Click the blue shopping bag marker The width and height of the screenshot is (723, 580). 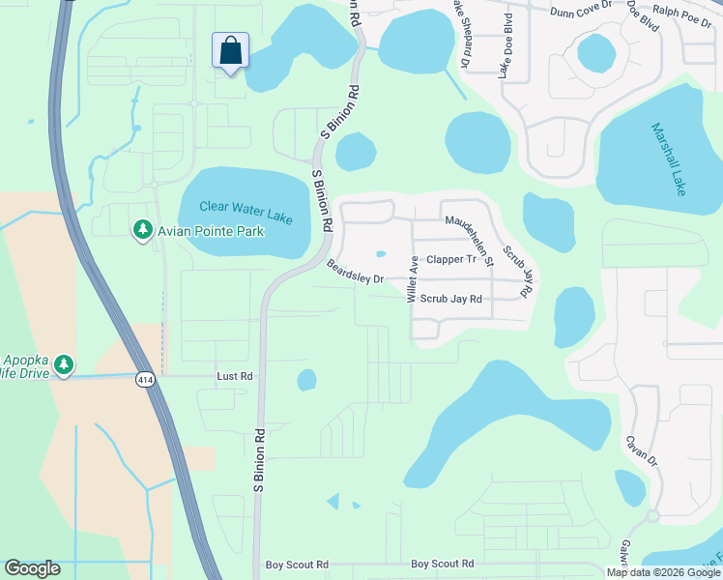pyautogui.click(x=231, y=51)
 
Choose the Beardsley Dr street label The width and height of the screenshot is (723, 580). pyautogui.click(x=355, y=272)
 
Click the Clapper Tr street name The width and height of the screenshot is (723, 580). pyautogui.click(x=451, y=259)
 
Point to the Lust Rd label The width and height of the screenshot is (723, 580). pyautogui.click(x=235, y=375)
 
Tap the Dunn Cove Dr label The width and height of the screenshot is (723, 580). pyautogui.click(x=581, y=12)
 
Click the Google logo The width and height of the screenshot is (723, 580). pyautogui.click(x=32, y=568)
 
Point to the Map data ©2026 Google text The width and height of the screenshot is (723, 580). pyautogui.click(x=663, y=572)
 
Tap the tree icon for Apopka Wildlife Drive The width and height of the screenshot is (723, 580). pyautogui.click(x=64, y=363)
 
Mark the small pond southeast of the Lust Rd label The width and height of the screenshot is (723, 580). pyautogui.click(x=306, y=380)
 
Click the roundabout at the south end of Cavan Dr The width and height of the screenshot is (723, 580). pyautogui.click(x=652, y=516)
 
